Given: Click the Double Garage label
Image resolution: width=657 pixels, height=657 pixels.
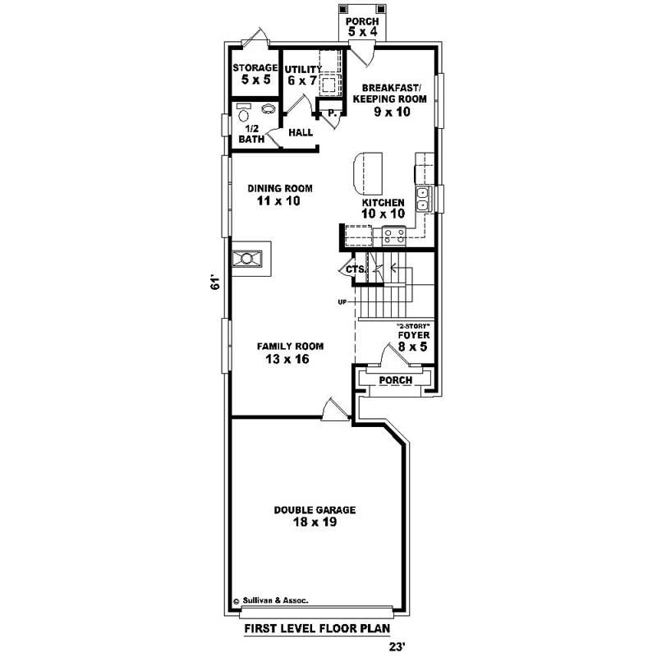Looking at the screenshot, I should [315, 516].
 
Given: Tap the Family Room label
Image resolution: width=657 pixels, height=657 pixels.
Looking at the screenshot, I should [289, 352].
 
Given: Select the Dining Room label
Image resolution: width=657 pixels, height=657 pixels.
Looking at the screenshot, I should [280, 194].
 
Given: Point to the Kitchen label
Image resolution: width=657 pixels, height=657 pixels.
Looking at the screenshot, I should [384, 208].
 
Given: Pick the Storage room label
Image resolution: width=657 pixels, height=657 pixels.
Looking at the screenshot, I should [255, 74].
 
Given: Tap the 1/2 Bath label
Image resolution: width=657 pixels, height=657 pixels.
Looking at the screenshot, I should [251, 134].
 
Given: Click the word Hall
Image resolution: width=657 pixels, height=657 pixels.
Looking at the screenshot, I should [300, 132].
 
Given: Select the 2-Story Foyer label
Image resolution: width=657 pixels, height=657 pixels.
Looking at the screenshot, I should [413, 340].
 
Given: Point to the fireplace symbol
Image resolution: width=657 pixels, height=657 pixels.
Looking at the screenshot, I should [247, 259].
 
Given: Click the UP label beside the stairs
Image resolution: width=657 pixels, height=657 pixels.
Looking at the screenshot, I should [342, 303].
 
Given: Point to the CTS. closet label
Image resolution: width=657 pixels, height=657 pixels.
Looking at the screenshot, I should [356, 269].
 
